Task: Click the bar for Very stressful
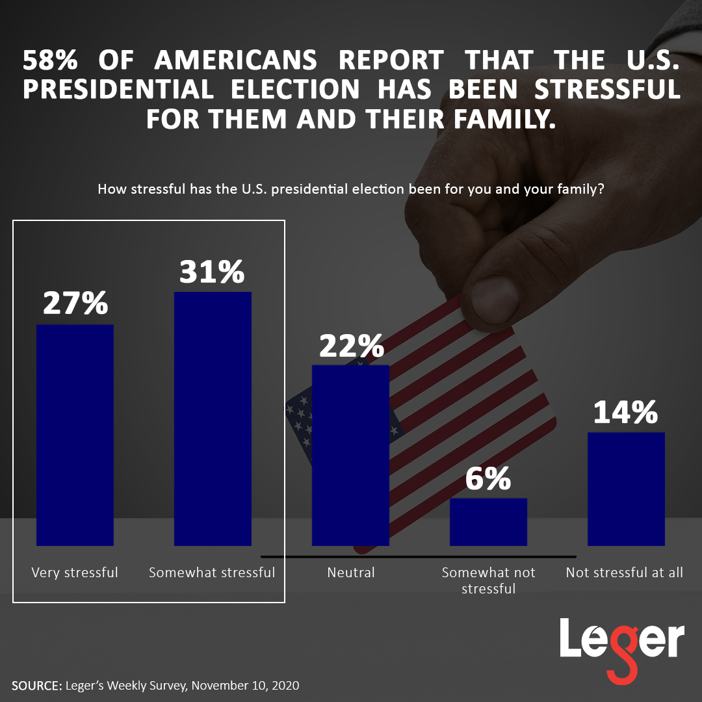tap(75, 435)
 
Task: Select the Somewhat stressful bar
tap(213, 419)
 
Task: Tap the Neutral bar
tap(350, 455)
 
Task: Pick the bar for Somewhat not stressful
tap(488, 521)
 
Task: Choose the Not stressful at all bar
tap(626, 489)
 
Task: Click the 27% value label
tap(75, 304)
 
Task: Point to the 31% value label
tap(212, 271)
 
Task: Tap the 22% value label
tap(351, 344)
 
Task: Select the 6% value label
tap(488, 480)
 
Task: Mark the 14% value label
tap(625, 412)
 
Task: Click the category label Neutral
tap(351, 573)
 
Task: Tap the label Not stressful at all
tap(625, 573)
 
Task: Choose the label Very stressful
tap(75, 573)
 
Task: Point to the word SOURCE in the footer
tap(36, 685)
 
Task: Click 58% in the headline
tap(51, 60)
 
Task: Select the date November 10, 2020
tap(246, 685)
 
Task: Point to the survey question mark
tap(601, 190)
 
